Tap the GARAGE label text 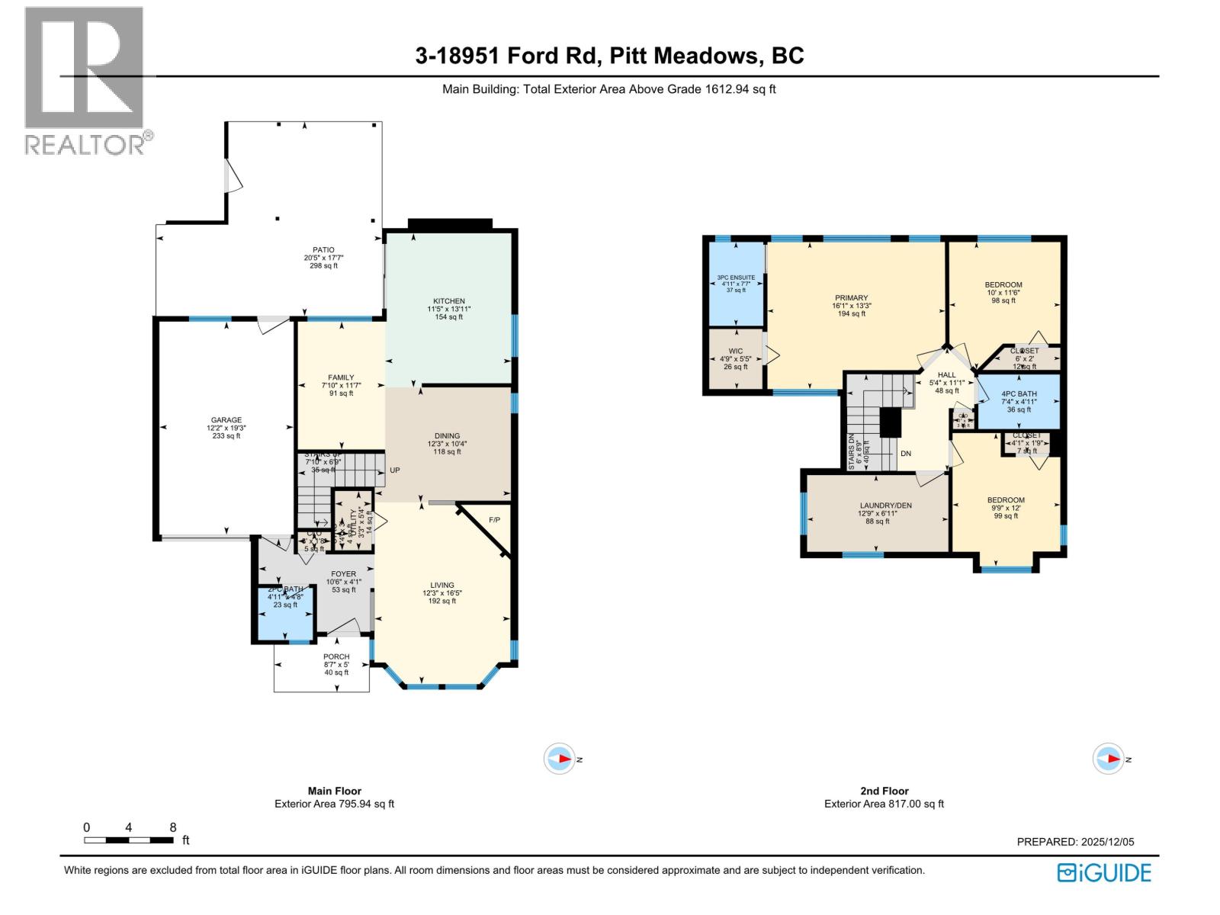[x=226, y=420]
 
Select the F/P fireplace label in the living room [x=494, y=520]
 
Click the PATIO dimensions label [x=323, y=258]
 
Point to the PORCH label [x=336, y=657]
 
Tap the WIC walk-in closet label [x=735, y=352]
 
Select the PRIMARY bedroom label [x=851, y=298]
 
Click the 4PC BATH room [x=1019, y=401]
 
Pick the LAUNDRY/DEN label [x=884, y=506]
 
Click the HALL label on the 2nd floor [x=946, y=375]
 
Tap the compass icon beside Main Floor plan [x=560, y=759]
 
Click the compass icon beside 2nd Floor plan [x=1109, y=759]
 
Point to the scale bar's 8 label [x=173, y=827]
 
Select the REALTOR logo [x=85, y=80]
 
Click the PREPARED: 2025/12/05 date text [x=1075, y=842]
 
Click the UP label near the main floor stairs [x=395, y=470]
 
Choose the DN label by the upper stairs [x=906, y=454]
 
